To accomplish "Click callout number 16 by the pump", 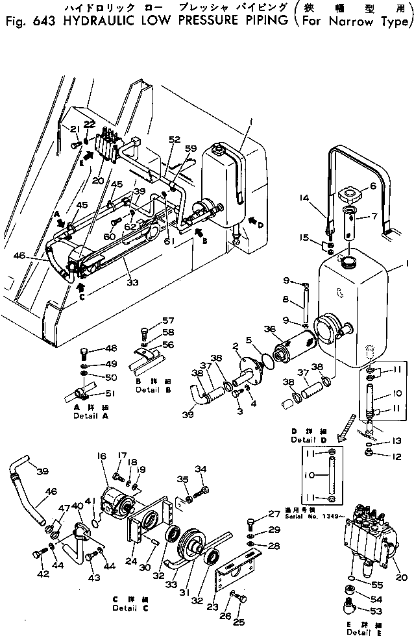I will (x=103, y=457).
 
